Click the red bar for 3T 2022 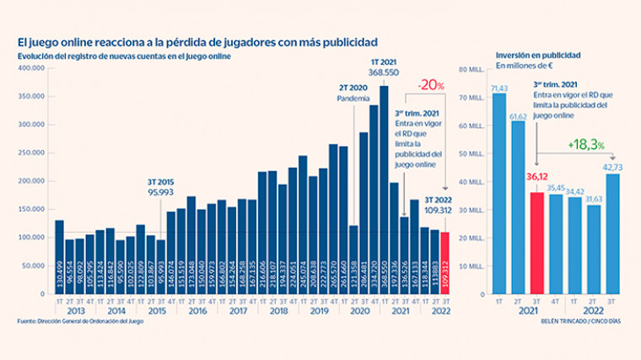(445, 263)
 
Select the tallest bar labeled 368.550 (384, 190)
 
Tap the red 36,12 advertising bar (536, 243)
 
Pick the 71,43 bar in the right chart (499, 193)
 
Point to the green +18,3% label (587, 145)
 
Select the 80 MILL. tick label (470, 68)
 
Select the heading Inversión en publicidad (537, 54)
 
